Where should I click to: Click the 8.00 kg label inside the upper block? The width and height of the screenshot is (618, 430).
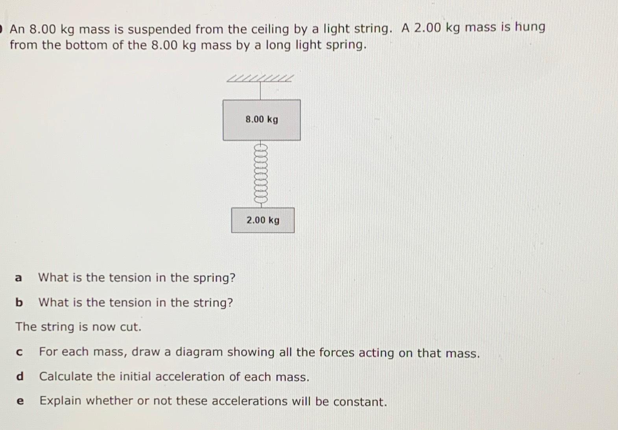point(262,119)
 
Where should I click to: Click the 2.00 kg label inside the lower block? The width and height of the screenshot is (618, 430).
point(263,220)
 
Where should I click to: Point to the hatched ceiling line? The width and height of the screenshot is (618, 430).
point(260,79)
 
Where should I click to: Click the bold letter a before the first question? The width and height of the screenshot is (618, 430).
point(18,278)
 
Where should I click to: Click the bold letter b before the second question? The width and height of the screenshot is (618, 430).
point(19,302)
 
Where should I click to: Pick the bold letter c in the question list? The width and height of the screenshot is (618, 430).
point(19,352)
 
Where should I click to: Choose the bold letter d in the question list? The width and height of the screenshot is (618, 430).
point(20,376)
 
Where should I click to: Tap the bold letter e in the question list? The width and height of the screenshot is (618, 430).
point(20,401)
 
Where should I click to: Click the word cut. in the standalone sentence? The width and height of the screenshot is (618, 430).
point(130,327)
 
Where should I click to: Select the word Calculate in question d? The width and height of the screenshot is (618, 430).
point(66,376)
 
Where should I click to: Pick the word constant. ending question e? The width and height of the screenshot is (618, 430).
point(360,402)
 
